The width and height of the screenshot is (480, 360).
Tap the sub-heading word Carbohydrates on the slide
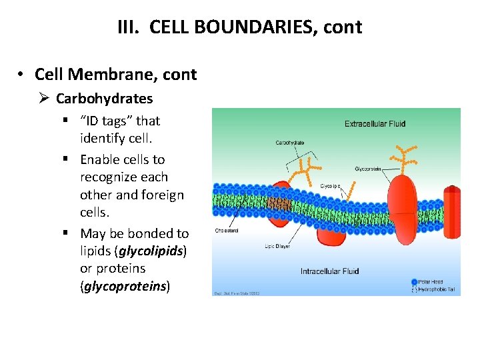pyautogui.click(x=104, y=99)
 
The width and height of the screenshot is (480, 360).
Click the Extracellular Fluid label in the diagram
pyautogui.click(x=375, y=123)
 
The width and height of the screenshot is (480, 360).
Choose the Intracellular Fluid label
pyautogui.click(x=329, y=271)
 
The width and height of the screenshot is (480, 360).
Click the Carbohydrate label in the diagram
pyautogui.click(x=290, y=143)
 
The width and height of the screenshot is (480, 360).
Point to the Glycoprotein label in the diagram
pyautogui.click(x=367, y=169)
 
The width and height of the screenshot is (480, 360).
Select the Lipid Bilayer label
pyautogui.click(x=277, y=247)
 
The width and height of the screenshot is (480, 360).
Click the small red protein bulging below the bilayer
pyautogui.click(x=331, y=231)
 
